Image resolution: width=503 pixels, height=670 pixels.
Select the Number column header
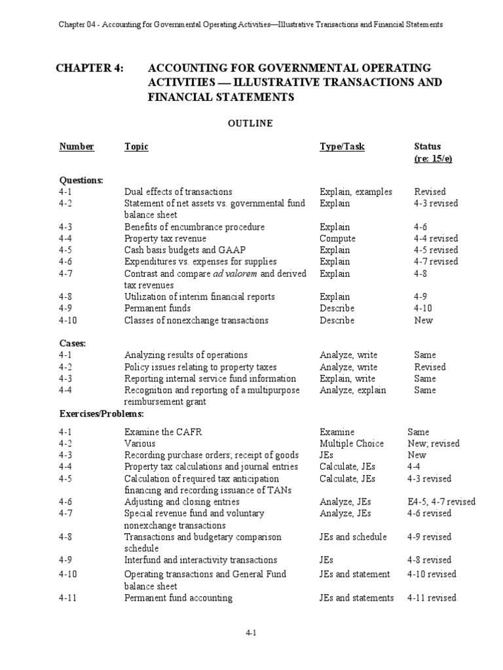click(77, 147)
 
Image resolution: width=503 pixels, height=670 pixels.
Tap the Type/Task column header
click(342, 147)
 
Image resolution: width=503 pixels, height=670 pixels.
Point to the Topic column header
click(136, 147)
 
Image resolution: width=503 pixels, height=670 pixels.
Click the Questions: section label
click(81, 180)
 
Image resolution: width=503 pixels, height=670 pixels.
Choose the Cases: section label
click(72, 343)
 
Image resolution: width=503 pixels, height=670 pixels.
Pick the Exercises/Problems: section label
click(102, 414)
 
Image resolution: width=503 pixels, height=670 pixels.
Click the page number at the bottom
click(251, 634)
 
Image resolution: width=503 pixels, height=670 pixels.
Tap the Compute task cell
click(337, 239)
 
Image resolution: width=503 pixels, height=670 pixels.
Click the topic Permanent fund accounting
click(178, 597)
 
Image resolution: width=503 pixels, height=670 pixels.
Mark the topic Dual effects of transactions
click(178, 192)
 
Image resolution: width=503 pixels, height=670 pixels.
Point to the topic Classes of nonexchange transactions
click(196, 321)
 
